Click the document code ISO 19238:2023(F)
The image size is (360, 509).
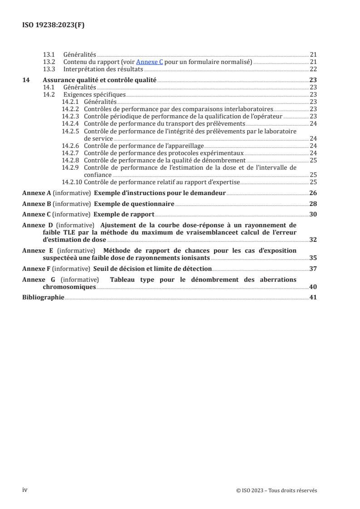click(53, 25)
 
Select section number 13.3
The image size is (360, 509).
click(49, 69)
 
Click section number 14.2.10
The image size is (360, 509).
click(72, 182)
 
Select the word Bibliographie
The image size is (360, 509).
click(43, 298)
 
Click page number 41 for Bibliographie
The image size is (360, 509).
click(313, 298)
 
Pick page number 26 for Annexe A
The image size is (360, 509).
click(313, 193)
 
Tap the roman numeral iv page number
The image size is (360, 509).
click(25, 490)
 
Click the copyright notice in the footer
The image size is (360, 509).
click(276, 490)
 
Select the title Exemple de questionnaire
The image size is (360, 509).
click(134, 204)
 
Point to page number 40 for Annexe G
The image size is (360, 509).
click(313, 287)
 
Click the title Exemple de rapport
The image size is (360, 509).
click(124, 215)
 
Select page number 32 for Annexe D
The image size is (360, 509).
click(313, 240)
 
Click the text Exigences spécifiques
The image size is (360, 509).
click(94, 94)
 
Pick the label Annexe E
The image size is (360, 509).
click(36, 250)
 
